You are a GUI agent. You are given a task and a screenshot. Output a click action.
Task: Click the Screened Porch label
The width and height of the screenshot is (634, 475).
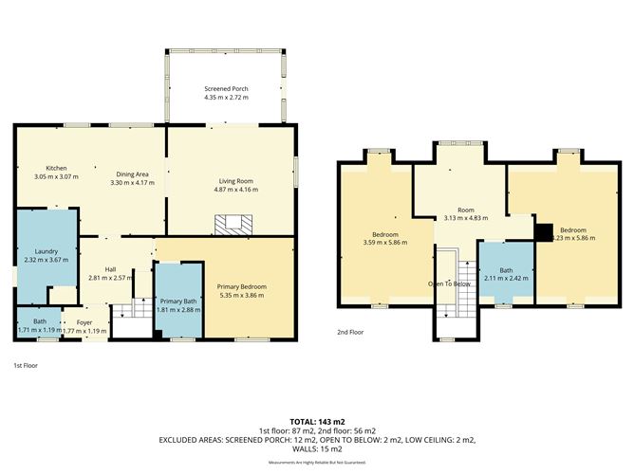(225, 88)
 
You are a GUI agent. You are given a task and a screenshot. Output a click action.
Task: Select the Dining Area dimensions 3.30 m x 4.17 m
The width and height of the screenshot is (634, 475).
(132, 182)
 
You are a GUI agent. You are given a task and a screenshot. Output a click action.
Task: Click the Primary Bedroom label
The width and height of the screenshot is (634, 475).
(241, 286)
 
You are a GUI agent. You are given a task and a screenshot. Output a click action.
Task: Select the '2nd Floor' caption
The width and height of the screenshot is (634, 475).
(350, 333)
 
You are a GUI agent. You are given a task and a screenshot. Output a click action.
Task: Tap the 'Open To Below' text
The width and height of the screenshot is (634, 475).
(450, 283)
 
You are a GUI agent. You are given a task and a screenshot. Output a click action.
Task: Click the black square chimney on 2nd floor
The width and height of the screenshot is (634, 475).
(543, 231)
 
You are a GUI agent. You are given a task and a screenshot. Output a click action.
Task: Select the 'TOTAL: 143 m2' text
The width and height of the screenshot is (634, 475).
(316, 421)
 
